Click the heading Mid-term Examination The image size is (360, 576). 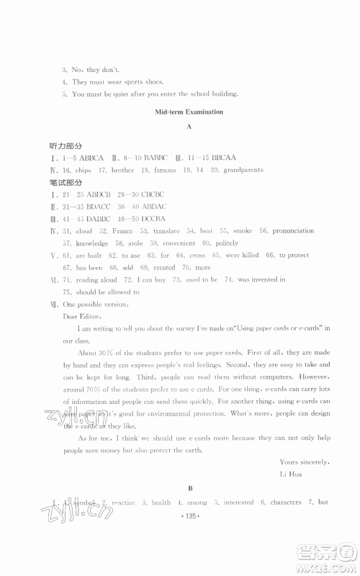(189, 112)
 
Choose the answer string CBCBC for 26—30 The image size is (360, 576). (151, 194)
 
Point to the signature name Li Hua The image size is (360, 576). (292, 474)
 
